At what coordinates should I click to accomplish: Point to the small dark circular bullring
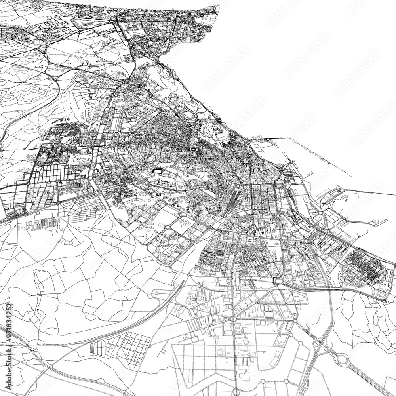(193, 150)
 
